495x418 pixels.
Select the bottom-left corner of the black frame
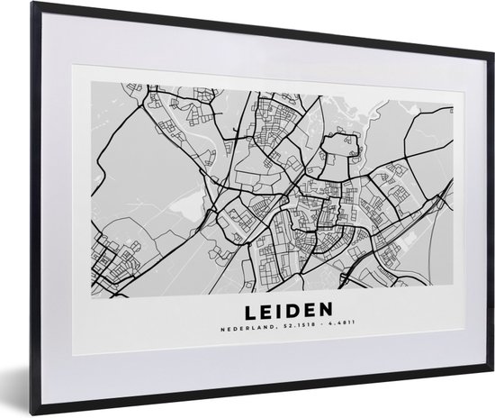(32, 405)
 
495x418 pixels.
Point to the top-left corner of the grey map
(91, 78)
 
